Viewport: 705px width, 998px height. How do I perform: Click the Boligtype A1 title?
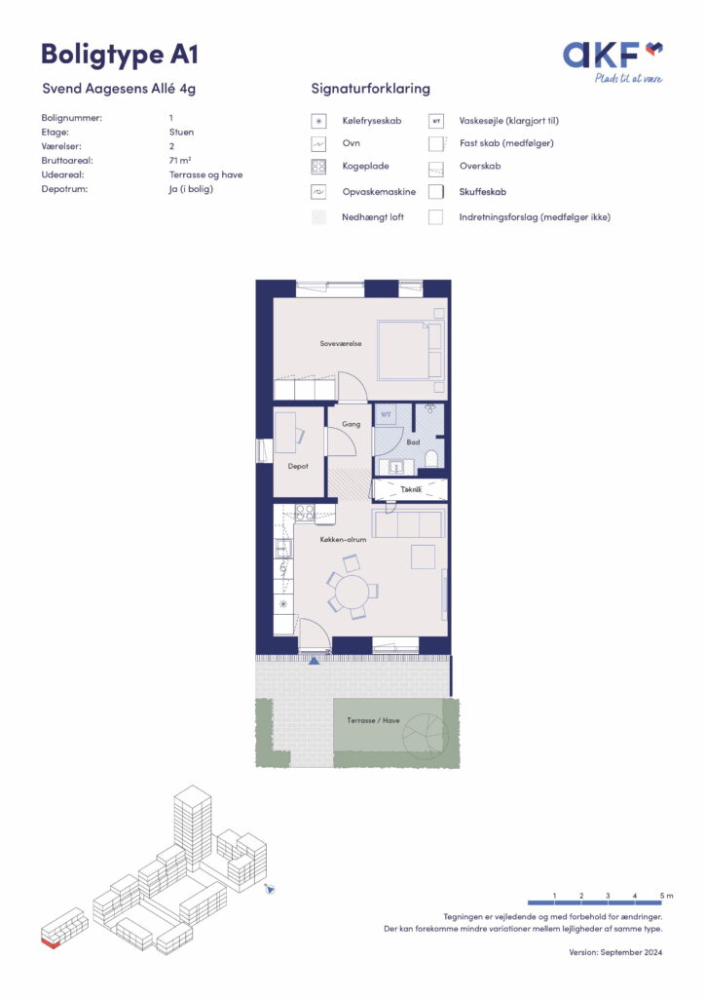[x=120, y=56]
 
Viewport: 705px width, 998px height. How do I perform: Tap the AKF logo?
[x=612, y=61]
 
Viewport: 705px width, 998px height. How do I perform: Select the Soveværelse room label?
[x=341, y=344]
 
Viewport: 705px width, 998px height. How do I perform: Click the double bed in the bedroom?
[x=410, y=350]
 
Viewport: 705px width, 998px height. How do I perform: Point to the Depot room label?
[x=298, y=467]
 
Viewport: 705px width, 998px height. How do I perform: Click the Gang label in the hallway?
[x=351, y=424]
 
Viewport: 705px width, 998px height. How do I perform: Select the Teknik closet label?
[x=411, y=489]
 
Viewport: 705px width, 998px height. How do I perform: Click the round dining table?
[x=352, y=592]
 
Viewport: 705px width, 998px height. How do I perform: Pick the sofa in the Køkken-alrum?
[x=407, y=522]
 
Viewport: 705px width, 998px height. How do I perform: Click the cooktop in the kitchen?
[x=305, y=513]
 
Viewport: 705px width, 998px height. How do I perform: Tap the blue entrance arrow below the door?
[x=315, y=662]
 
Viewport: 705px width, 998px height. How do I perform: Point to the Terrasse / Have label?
[x=373, y=720]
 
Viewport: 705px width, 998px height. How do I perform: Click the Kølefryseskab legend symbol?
[x=318, y=121]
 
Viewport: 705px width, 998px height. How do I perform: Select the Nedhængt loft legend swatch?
[x=318, y=217]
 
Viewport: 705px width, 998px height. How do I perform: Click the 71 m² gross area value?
[x=180, y=161]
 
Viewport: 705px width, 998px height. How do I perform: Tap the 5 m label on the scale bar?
[x=666, y=896]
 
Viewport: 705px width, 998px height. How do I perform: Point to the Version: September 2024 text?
[x=615, y=952]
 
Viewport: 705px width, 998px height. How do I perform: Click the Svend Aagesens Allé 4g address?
[x=119, y=89]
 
